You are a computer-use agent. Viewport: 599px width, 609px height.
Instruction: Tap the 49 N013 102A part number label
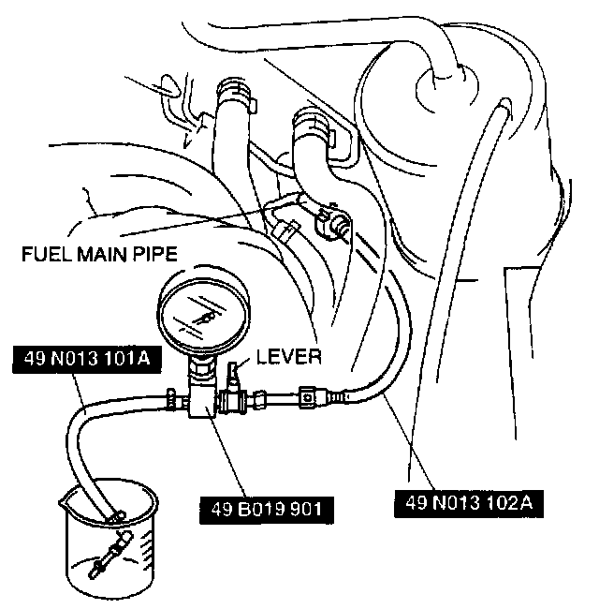coord(469,501)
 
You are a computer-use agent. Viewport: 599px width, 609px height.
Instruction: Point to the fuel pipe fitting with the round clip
coord(332,223)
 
